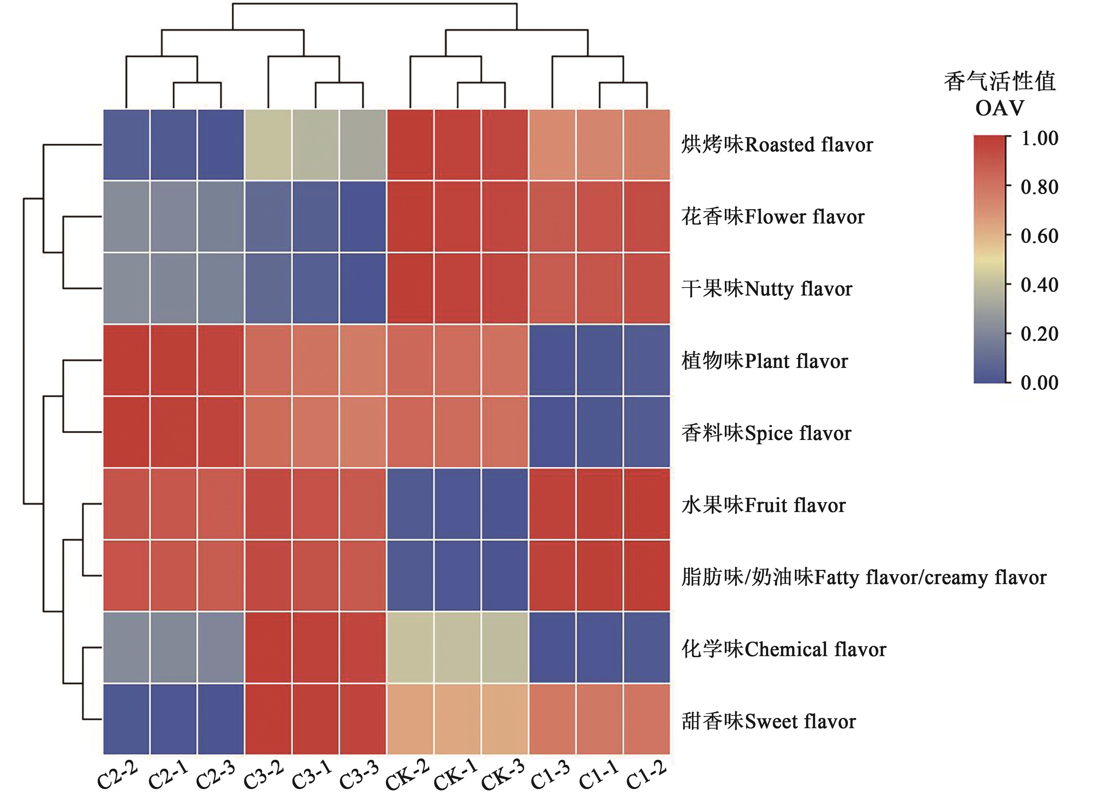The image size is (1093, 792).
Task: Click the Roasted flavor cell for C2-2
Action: pyautogui.click(x=126, y=144)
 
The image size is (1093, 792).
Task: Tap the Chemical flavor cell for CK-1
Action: pyautogui.click(x=458, y=648)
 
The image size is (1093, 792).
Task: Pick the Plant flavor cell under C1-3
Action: pyautogui.click(x=552, y=360)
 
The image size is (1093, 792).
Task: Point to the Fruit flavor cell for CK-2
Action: pyautogui.click(x=410, y=504)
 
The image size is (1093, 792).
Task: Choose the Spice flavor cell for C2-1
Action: pyautogui.click(x=174, y=432)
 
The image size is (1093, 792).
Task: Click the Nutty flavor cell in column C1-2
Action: pyautogui.click(x=647, y=288)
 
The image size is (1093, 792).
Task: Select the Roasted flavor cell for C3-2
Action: pyautogui.click(x=268, y=144)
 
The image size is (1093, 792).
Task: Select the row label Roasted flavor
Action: pyautogui.click(x=777, y=144)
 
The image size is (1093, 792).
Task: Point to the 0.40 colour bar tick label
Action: pyautogui.click(x=1039, y=285)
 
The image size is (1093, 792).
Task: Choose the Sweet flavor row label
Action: pyautogui.click(x=769, y=722)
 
